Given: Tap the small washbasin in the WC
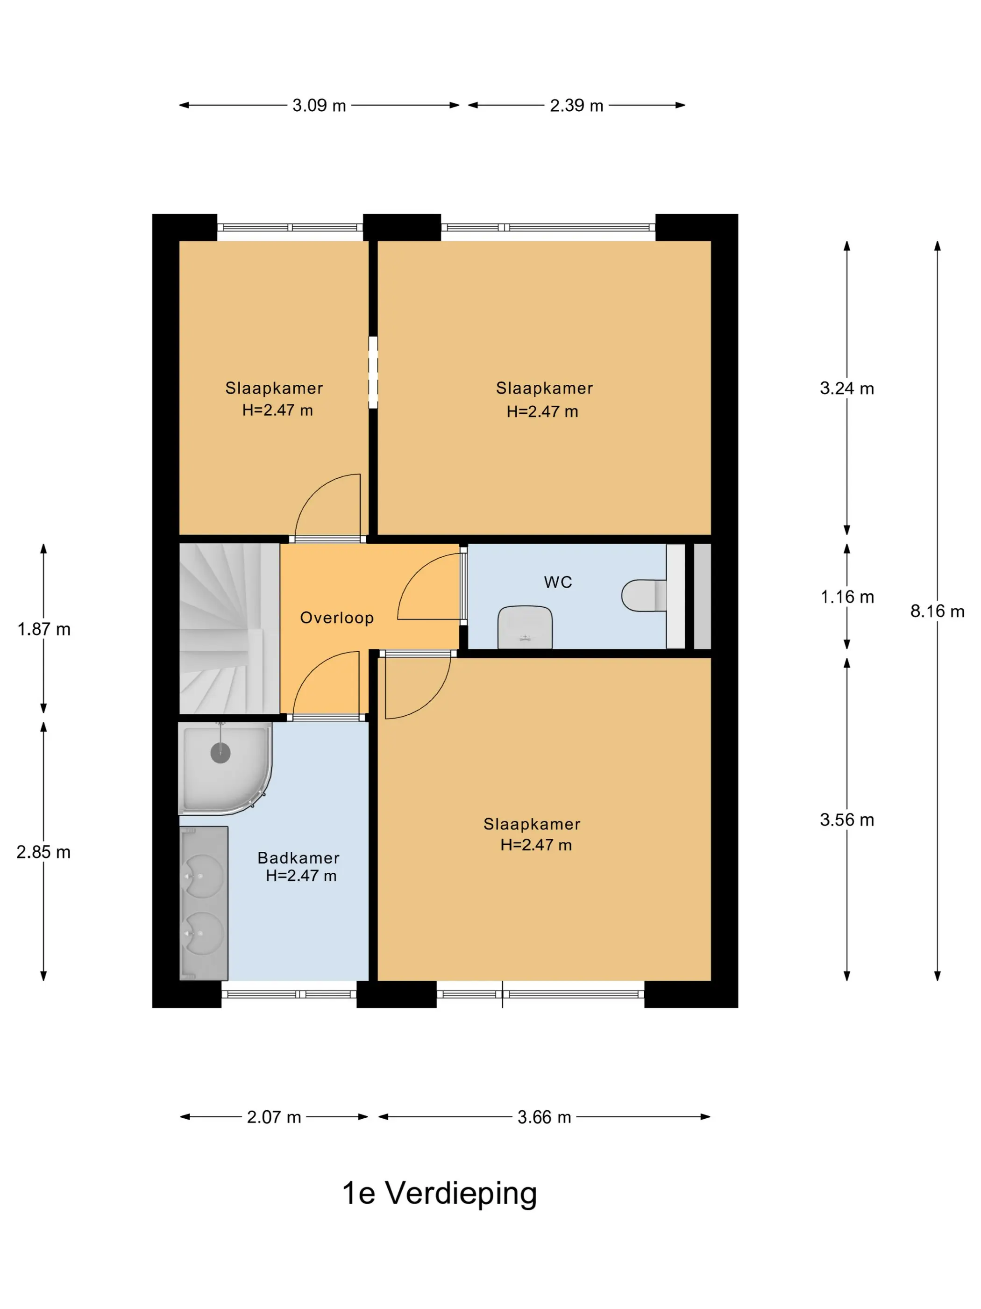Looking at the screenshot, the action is tap(525, 627).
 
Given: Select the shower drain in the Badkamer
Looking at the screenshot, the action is tap(220, 753).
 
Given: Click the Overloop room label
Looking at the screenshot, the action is tap(337, 618).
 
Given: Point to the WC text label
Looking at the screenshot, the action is tap(558, 583).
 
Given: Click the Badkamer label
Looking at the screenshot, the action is tap(299, 858).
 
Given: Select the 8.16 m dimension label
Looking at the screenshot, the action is tap(937, 611).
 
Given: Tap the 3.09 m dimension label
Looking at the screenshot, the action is tap(320, 105).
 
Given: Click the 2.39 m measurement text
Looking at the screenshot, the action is tap(576, 105).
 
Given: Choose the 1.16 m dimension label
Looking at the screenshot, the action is tap(847, 597).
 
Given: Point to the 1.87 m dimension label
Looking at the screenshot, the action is tap(44, 629).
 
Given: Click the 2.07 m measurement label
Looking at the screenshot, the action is tap(274, 1117).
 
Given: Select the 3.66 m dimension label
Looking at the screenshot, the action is tap(545, 1117).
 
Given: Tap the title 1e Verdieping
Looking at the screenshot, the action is tap(440, 1193).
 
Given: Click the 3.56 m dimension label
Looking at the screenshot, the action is tap(847, 820).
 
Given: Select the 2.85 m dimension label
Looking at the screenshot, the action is tap(44, 852).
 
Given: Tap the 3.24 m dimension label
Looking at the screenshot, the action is tap(847, 389).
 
